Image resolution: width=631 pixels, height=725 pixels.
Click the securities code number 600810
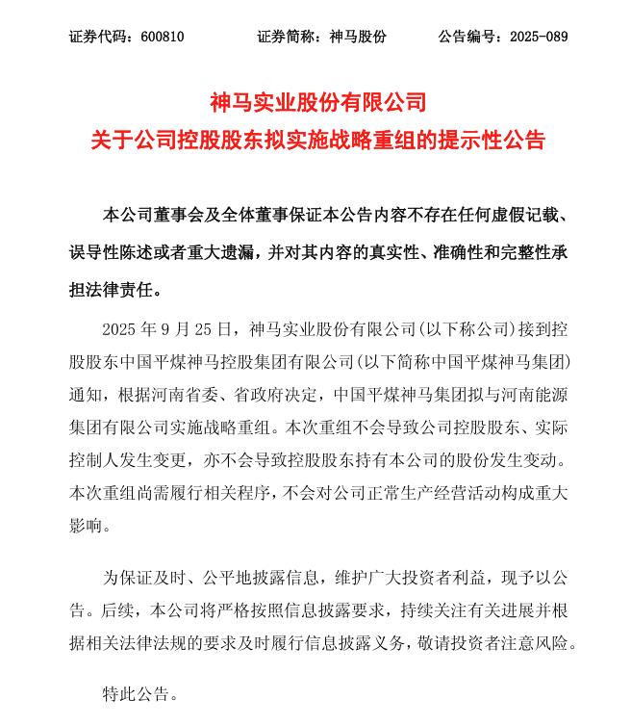click(162, 38)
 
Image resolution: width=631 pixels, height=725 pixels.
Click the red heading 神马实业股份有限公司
click(317, 101)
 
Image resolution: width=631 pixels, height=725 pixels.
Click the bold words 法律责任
click(118, 290)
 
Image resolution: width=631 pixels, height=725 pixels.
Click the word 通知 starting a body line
click(86, 394)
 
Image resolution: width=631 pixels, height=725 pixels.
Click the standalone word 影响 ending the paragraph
click(86, 526)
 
